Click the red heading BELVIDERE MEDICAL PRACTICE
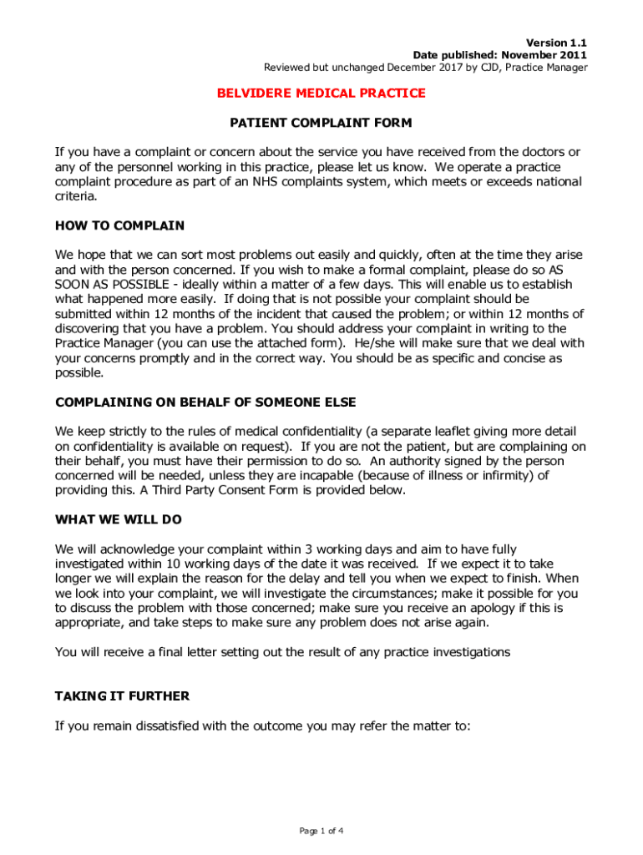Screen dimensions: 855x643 coord(321,94)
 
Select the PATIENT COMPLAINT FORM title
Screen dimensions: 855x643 coord(321,124)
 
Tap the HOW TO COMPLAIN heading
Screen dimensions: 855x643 coord(119,226)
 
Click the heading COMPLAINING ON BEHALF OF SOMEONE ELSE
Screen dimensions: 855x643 coord(205,402)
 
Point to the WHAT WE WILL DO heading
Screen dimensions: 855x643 coord(118,519)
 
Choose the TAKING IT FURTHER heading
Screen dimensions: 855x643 coord(122,696)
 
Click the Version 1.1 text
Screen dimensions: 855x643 coord(555,43)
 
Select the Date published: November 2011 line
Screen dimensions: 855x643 coord(500,55)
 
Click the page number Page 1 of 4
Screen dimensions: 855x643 coord(321,831)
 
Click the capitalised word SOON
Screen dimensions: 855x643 coord(73,285)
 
